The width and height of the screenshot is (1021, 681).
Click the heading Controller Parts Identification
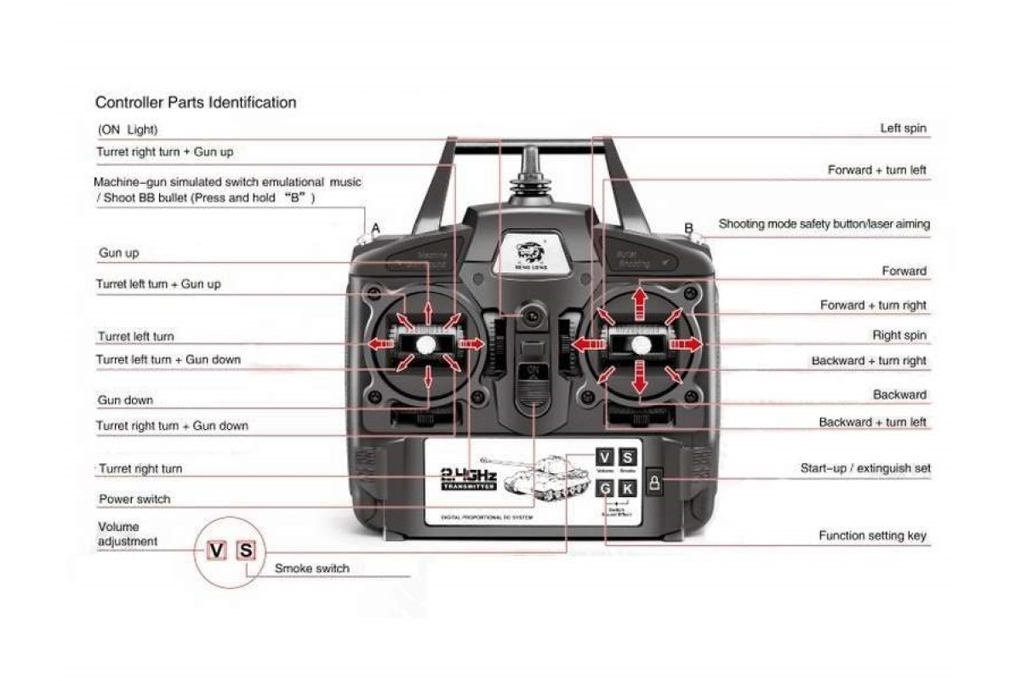pos(196,103)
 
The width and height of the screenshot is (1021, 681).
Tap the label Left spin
pos(903,129)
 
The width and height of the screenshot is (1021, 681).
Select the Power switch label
pos(134,499)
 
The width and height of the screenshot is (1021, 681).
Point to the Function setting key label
pos(872,535)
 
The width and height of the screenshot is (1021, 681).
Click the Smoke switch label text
pos(311,568)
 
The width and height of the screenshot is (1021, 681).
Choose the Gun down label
pos(125,400)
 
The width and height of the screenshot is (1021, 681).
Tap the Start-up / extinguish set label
pos(864,468)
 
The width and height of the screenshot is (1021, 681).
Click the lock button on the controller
pos(654,484)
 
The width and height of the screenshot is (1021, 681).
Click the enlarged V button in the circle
pos(217,550)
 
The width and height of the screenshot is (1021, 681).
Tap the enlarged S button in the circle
pos(245,550)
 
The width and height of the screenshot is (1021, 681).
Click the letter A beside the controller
pos(376,228)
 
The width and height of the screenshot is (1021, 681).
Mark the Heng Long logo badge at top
pos(533,253)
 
